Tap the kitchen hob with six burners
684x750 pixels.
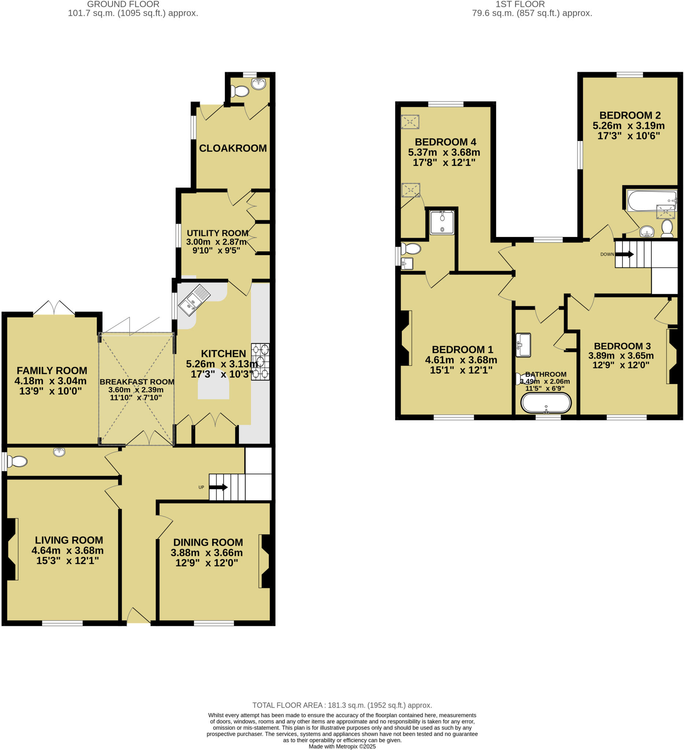coord(260,361)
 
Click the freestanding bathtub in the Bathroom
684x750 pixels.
coord(546,403)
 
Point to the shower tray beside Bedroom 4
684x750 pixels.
coord(442,222)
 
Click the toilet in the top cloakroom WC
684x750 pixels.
coord(240,91)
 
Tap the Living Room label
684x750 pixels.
coord(69,540)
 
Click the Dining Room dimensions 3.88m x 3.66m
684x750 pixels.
coord(207,553)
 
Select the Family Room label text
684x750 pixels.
coord(52,371)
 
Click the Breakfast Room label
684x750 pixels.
coord(137,382)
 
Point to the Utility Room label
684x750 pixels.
coord(217,233)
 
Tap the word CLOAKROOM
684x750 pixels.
coord(233,148)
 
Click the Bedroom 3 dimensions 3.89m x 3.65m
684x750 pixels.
coord(621,355)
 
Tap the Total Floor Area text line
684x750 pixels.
coord(342,705)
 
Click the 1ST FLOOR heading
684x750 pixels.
coord(520,4)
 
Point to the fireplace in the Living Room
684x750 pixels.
coord(11,549)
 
